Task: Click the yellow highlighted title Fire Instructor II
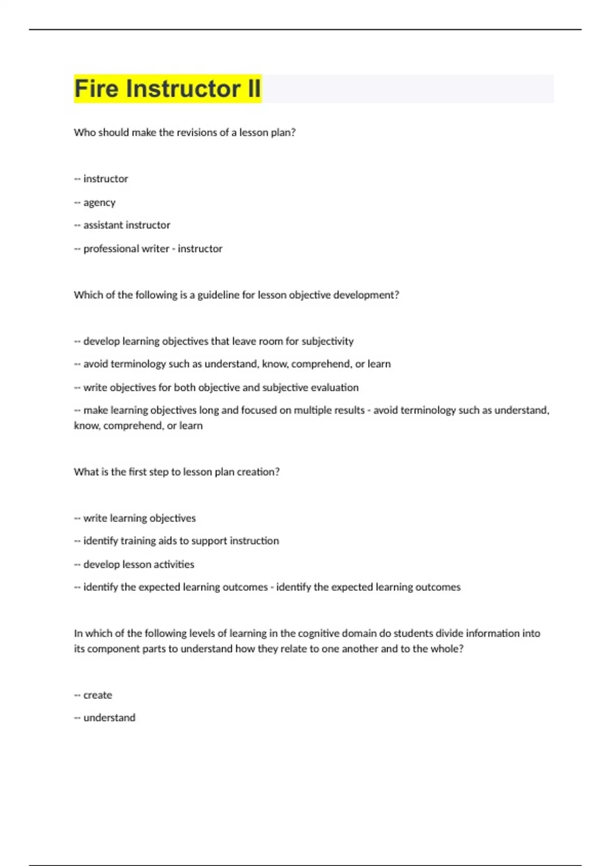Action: point(168,89)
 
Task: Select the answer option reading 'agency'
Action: point(99,203)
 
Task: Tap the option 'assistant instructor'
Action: point(126,225)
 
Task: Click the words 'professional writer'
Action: point(126,249)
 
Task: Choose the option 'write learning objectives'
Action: point(139,518)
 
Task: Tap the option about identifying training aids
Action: point(181,541)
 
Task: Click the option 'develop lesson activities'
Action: point(138,564)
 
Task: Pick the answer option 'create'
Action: point(97,695)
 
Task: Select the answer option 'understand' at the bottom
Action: point(109,718)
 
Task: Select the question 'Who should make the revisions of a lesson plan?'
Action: point(184,132)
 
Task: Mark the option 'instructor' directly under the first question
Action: point(105,179)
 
